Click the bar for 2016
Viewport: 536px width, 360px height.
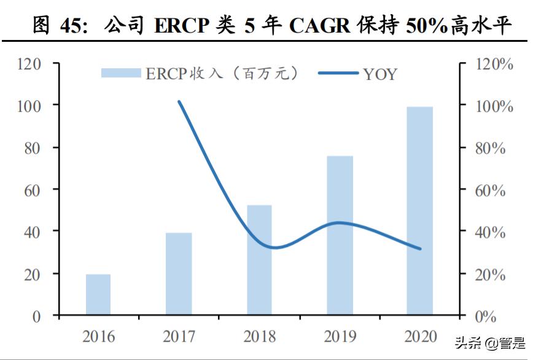(x=98, y=295)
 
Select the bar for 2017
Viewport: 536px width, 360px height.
(x=179, y=274)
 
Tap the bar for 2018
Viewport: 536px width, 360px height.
(x=259, y=260)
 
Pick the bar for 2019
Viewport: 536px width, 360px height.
(x=340, y=236)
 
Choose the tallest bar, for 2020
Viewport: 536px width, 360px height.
(x=420, y=211)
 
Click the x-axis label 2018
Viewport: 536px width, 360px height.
(x=259, y=337)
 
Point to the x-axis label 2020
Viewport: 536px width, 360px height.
(x=421, y=337)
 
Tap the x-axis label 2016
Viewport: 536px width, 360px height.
(x=98, y=337)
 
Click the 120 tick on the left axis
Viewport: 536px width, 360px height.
(x=29, y=64)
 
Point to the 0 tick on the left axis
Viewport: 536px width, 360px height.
(x=37, y=316)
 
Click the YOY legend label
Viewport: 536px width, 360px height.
(x=380, y=74)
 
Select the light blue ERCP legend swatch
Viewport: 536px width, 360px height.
(x=120, y=74)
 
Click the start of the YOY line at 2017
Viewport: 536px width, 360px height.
(x=179, y=102)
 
